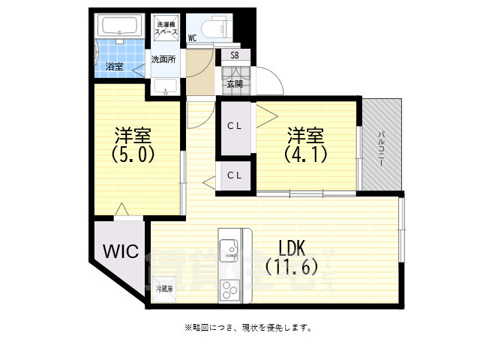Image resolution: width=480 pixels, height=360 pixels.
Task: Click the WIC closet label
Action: coord(121,251)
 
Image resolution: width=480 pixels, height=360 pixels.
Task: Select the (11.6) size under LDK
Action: coord(292,266)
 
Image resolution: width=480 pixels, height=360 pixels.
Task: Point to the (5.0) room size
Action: coord(133,154)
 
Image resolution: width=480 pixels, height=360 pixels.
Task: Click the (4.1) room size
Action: coord(305,154)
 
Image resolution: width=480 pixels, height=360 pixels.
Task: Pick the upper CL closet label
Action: coord(235,125)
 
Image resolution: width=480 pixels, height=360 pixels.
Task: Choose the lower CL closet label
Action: coord(235,175)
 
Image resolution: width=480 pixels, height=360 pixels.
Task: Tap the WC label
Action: coord(192,37)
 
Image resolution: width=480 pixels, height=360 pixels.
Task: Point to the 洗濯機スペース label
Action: coord(166,30)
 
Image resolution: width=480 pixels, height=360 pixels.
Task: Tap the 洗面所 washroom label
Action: coord(163,59)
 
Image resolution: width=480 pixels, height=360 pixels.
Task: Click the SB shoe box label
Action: coord(235,55)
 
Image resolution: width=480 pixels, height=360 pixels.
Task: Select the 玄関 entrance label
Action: coord(235,84)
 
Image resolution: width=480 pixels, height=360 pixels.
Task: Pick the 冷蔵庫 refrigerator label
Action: coord(164,288)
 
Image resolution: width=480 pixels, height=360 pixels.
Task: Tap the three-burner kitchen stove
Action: coord(229,289)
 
